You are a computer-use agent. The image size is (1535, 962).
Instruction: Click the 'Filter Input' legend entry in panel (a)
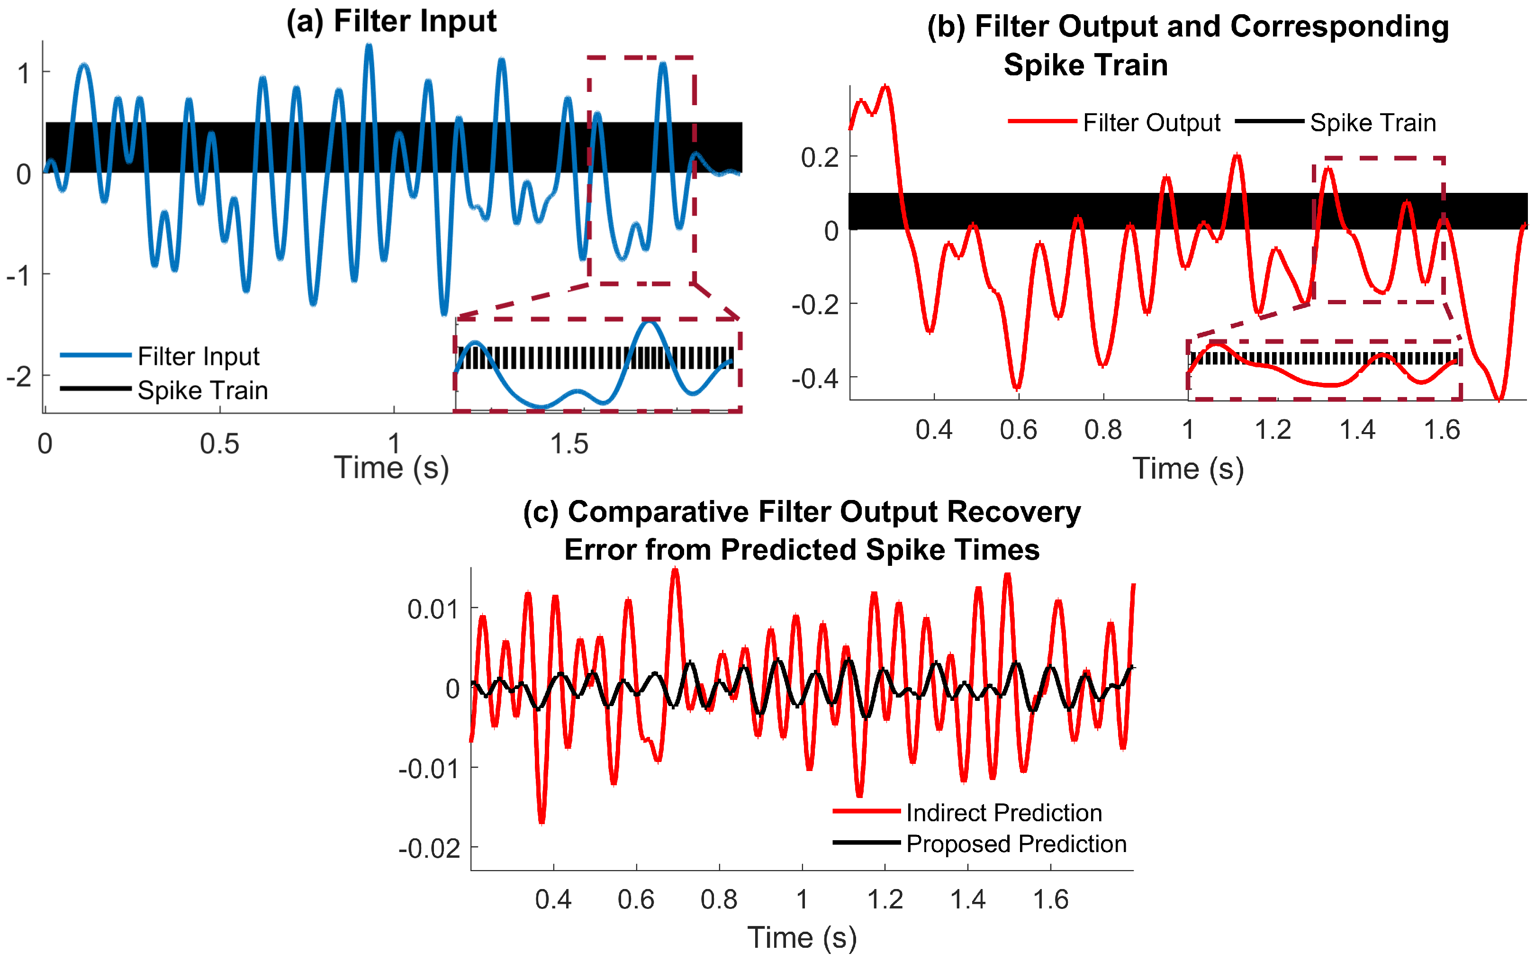tap(199, 356)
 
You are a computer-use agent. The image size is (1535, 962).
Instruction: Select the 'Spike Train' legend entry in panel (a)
tap(202, 390)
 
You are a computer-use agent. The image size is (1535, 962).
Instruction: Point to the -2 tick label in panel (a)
tap(19, 377)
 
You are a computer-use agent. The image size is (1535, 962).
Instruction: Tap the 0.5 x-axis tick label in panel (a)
tap(219, 444)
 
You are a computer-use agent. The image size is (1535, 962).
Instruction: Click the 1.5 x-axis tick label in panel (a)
tap(569, 444)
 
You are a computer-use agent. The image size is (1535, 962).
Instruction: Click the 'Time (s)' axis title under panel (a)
tap(391, 468)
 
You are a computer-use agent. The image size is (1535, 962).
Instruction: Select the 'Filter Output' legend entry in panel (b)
tap(1151, 123)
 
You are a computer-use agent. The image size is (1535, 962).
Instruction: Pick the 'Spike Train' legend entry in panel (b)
tap(1372, 123)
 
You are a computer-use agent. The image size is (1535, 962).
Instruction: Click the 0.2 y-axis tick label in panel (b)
tap(820, 157)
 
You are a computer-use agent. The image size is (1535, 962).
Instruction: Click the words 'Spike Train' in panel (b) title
tap(1085, 65)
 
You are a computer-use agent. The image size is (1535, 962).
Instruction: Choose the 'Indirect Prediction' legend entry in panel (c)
tap(1003, 812)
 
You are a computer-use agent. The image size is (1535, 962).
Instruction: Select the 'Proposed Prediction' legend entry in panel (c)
tap(1015, 844)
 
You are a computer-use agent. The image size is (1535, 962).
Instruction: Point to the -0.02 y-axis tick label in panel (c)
tap(429, 849)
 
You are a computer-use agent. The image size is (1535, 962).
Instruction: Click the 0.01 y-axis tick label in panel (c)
tap(433, 609)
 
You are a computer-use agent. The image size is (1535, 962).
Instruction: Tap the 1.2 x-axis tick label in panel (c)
tap(885, 899)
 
